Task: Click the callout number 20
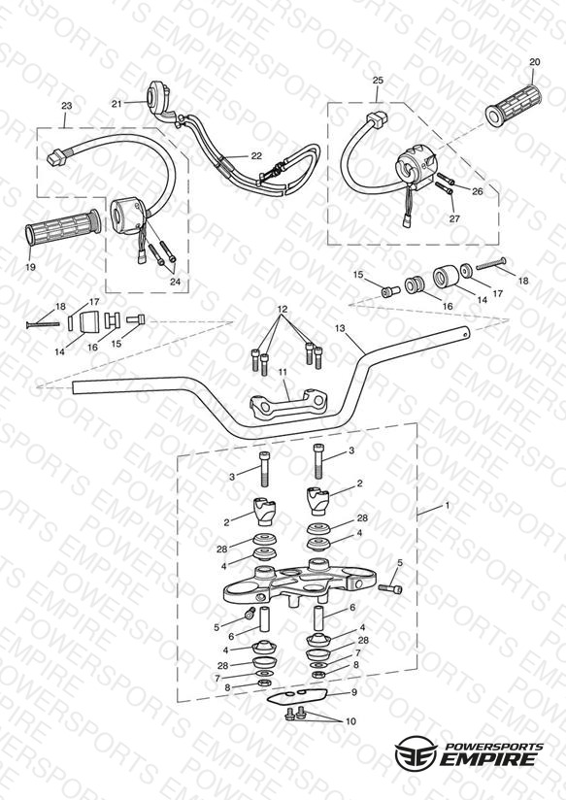point(534,62)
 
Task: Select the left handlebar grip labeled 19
point(62,226)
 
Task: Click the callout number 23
point(66,106)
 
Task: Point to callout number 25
point(378,81)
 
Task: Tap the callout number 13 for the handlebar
point(341,328)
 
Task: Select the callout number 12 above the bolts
point(283,309)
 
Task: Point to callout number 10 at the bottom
point(350,722)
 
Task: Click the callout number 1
point(448,506)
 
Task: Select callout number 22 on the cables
point(256,156)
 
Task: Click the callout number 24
point(175,282)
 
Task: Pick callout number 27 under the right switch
point(454,218)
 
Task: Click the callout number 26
point(478,192)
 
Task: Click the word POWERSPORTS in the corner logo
point(494,746)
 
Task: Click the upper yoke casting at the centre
point(300,583)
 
